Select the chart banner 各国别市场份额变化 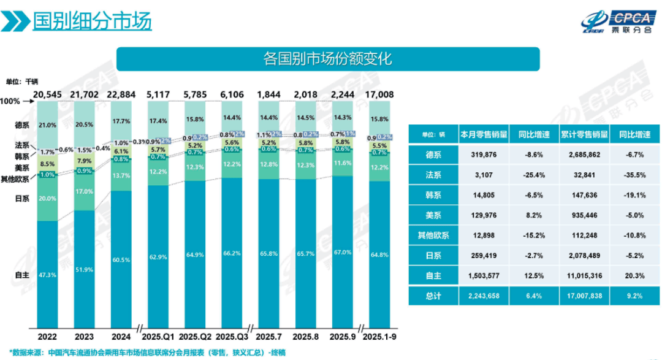327,59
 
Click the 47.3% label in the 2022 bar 48,275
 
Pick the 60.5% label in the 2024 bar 121,260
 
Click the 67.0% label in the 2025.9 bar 343,252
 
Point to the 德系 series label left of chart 21,125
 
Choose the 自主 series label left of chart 21,275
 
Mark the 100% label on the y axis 10,101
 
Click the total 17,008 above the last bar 379,94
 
